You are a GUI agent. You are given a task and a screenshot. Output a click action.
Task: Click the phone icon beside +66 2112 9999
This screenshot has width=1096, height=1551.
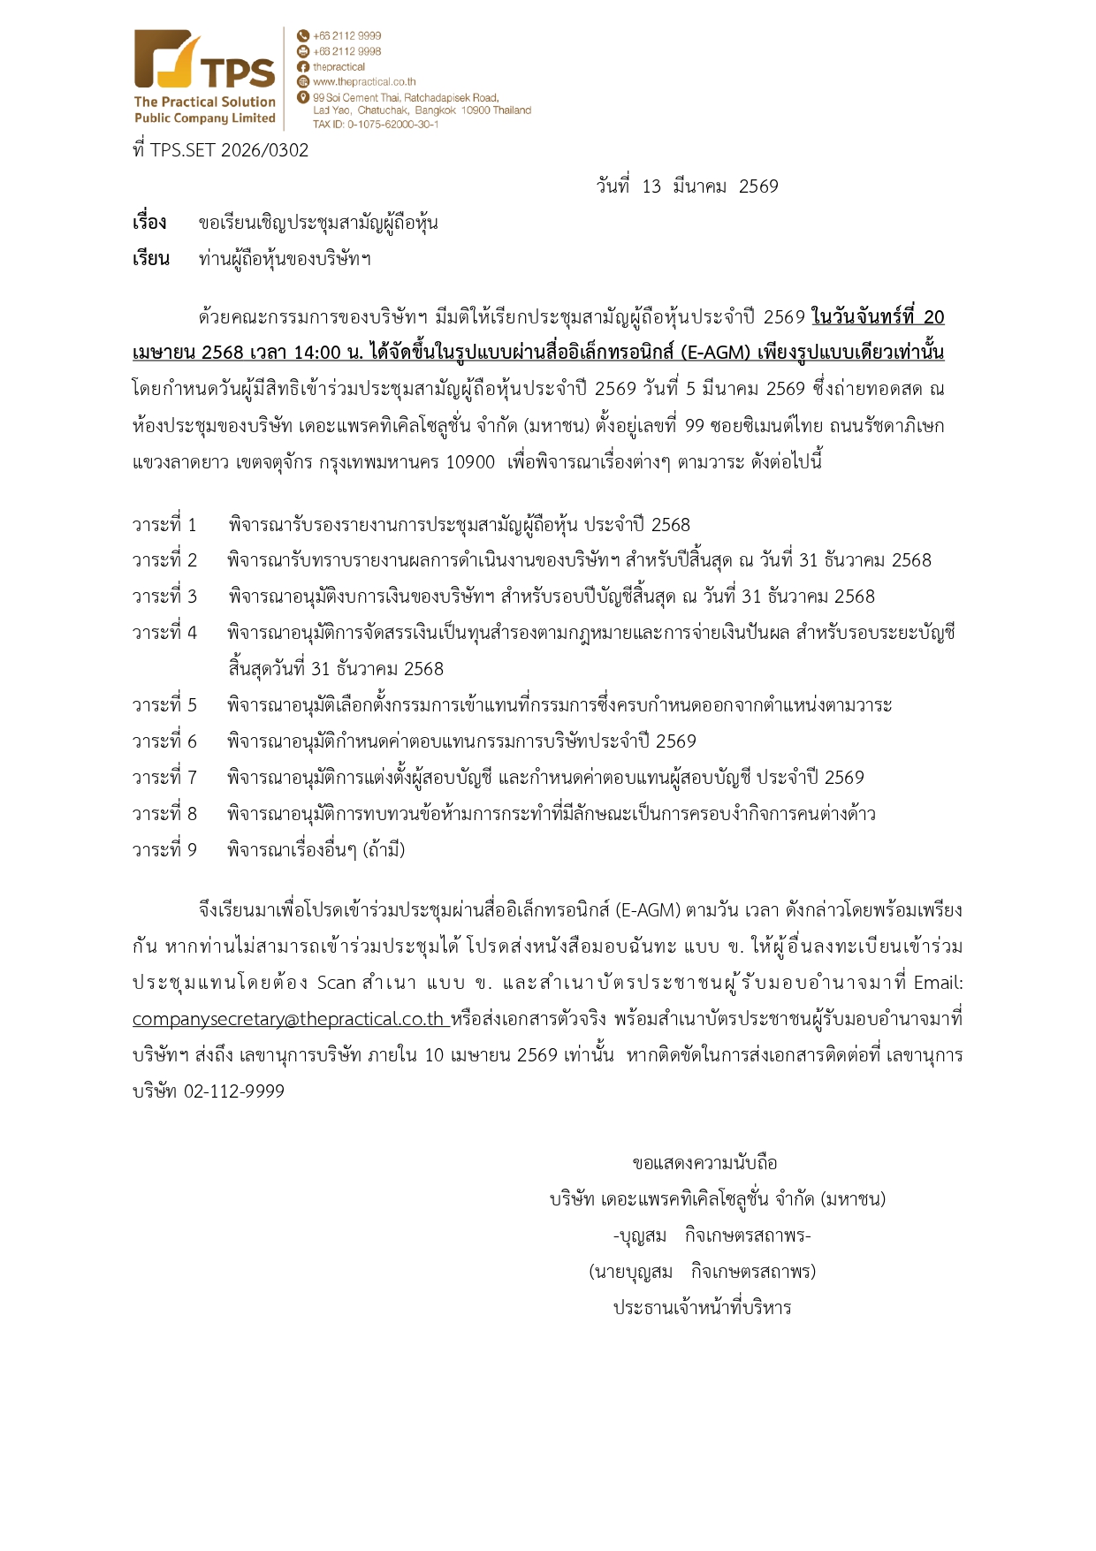pyautogui.click(x=303, y=36)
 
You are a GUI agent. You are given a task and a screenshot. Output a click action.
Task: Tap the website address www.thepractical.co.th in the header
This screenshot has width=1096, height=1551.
pyautogui.click(x=363, y=82)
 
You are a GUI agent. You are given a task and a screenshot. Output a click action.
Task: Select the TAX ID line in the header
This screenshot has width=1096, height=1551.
pyautogui.click(x=376, y=125)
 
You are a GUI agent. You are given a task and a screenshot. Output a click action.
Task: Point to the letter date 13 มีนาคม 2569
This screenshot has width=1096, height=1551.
pyautogui.click(x=688, y=186)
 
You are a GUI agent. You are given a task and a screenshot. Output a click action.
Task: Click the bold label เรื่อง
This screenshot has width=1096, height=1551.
pyautogui.click(x=149, y=223)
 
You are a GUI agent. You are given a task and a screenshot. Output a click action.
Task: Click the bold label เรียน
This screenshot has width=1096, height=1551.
pyautogui.click(x=150, y=259)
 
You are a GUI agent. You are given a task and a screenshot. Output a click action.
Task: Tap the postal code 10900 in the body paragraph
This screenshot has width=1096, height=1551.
pyautogui.click(x=470, y=462)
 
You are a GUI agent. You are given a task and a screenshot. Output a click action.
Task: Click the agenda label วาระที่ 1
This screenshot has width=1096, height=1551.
pyautogui.click(x=164, y=525)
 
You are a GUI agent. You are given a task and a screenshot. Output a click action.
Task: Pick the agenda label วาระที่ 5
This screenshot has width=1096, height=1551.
pyautogui.click(x=164, y=705)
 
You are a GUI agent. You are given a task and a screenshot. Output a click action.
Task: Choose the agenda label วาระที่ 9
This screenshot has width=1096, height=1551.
pyautogui.click(x=164, y=850)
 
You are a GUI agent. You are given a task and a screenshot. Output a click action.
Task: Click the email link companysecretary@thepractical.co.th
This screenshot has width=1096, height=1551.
pyautogui.click(x=288, y=1019)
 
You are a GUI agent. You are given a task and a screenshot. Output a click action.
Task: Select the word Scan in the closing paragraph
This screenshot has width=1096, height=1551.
pyautogui.click(x=336, y=983)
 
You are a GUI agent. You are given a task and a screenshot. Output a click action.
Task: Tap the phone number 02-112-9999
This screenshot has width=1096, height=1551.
pyautogui.click(x=234, y=1091)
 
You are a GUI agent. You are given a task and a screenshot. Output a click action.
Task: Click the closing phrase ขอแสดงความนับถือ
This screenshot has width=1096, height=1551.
pyautogui.click(x=704, y=1163)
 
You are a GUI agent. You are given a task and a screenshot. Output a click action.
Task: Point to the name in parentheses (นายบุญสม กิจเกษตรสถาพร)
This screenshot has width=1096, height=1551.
pyautogui.click(x=702, y=1272)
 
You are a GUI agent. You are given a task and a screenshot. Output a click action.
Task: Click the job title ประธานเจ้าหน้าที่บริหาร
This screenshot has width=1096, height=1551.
pyautogui.click(x=702, y=1308)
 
